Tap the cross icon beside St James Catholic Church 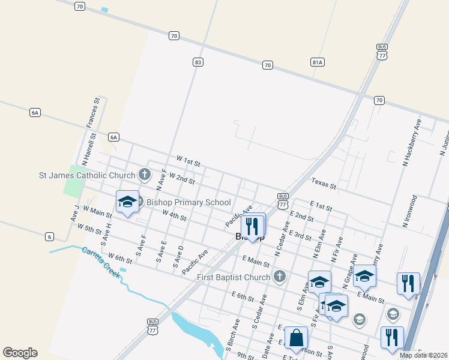(x=144, y=175)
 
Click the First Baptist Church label (x=234, y=277)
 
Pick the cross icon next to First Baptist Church (x=279, y=277)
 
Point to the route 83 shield (x=197, y=62)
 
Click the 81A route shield (x=318, y=62)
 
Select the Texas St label (x=324, y=184)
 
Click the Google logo (x=20, y=353)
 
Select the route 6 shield (x=49, y=237)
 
